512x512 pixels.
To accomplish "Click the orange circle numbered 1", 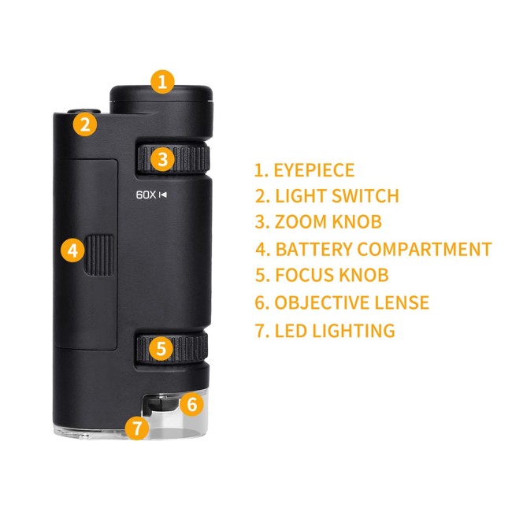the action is (162, 82).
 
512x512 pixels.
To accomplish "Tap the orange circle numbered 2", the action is (85, 124).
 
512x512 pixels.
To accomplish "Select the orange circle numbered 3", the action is (162, 159).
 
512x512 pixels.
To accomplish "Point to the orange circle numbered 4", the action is (72, 250).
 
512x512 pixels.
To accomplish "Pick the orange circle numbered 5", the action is (161, 348).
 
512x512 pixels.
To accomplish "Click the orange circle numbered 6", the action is (192, 404).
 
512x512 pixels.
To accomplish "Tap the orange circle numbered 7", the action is (137, 427).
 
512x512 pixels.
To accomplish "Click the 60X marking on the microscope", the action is (146, 195).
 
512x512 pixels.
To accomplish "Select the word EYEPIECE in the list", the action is (314, 170).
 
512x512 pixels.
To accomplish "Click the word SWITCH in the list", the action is (365, 196).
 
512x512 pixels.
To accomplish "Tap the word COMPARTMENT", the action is (424, 249).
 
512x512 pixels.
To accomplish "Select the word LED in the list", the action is (291, 331).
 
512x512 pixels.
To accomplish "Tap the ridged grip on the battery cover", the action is (100, 255).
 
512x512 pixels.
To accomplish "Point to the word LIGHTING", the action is (354, 331).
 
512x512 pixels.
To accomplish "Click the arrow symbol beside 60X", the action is (162, 195).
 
